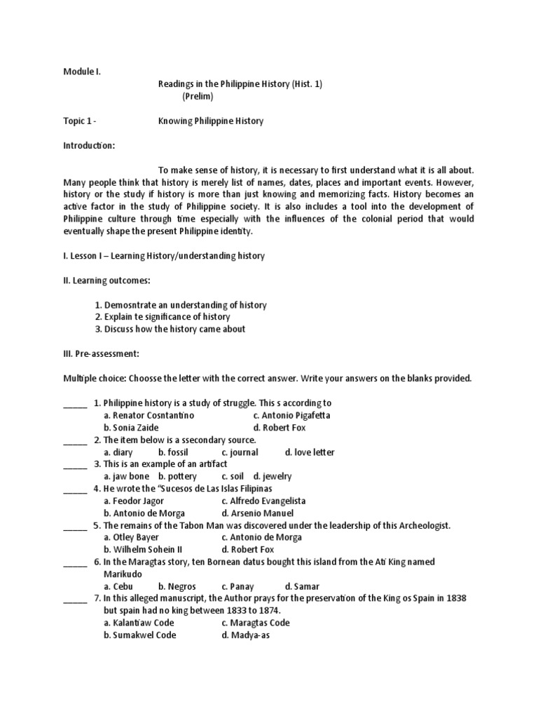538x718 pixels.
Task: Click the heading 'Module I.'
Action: pyautogui.click(x=83, y=72)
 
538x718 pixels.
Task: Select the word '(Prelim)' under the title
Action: pyautogui.click(x=198, y=96)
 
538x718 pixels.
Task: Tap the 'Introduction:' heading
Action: pyautogui.click(x=88, y=146)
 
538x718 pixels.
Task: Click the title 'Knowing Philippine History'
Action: pyautogui.click(x=210, y=121)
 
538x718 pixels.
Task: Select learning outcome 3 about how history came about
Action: pyautogui.click(x=170, y=330)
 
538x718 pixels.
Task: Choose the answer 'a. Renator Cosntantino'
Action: pyautogui.click(x=149, y=416)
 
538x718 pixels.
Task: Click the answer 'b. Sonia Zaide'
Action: pyautogui.click(x=131, y=428)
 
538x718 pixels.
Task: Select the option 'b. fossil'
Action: pyautogui.click(x=173, y=452)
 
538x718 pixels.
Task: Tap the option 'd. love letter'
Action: pyautogui.click(x=310, y=452)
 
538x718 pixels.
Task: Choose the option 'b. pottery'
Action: pyautogui.click(x=177, y=477)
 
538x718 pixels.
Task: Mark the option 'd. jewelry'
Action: pyautogui.click(x=273, y=477)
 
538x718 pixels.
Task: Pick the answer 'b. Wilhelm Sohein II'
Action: pyautogui.click(x=144, y=550)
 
